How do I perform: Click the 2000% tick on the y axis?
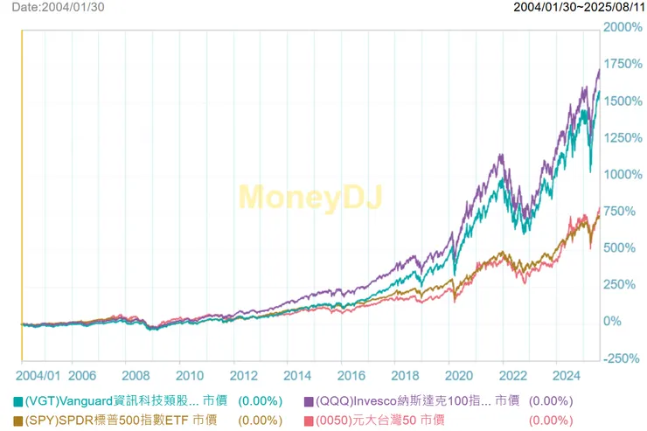[x=623, y=28]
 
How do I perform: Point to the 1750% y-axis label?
[x=623, y=65]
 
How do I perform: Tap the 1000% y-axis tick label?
[x=623, y=175]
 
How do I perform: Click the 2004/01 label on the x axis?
[x=41, y=376]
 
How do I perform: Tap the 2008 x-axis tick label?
[x=136, y=376]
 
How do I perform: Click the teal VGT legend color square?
[x=17, y=401]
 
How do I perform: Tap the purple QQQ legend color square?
[x=309, y=401]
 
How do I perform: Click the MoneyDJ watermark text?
[x=310, y=197]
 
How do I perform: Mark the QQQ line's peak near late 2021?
[x=500, y=156]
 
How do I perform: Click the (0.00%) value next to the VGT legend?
[x=260, y=401]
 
